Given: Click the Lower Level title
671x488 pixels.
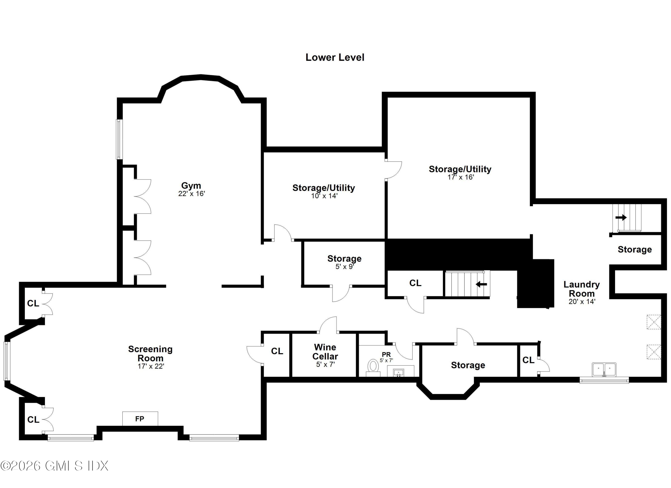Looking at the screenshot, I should pyautogui.click(x=335, y=58).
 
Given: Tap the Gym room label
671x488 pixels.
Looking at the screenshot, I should pyautogui.click(x=191, y=185).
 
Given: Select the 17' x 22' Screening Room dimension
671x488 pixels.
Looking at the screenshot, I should pyautogui.click(x=151, y=366).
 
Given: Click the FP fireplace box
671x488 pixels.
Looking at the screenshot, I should pyautogui.click(x=140, y=419).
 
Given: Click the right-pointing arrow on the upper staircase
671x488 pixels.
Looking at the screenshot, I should pyautogui.click(x=621, y=217).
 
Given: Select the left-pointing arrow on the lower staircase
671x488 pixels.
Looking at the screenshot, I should pyautogui.click(x=481, y=284).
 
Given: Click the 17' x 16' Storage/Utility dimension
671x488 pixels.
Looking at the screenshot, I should pyautogui.click(x=461, y=177).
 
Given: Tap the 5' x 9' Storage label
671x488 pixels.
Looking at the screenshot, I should pyautogui.click(x=344, y=259).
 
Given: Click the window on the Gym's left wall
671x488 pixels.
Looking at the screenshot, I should pyautogui.click(x=119, y=139).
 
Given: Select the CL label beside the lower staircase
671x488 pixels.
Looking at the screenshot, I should pyautogui.click(x=415, y=283).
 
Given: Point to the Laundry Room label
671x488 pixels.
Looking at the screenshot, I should pyautogui.click(x=581, y=289).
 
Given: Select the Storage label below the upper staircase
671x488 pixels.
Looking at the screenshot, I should pyautogui.click(x=635, y=249).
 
